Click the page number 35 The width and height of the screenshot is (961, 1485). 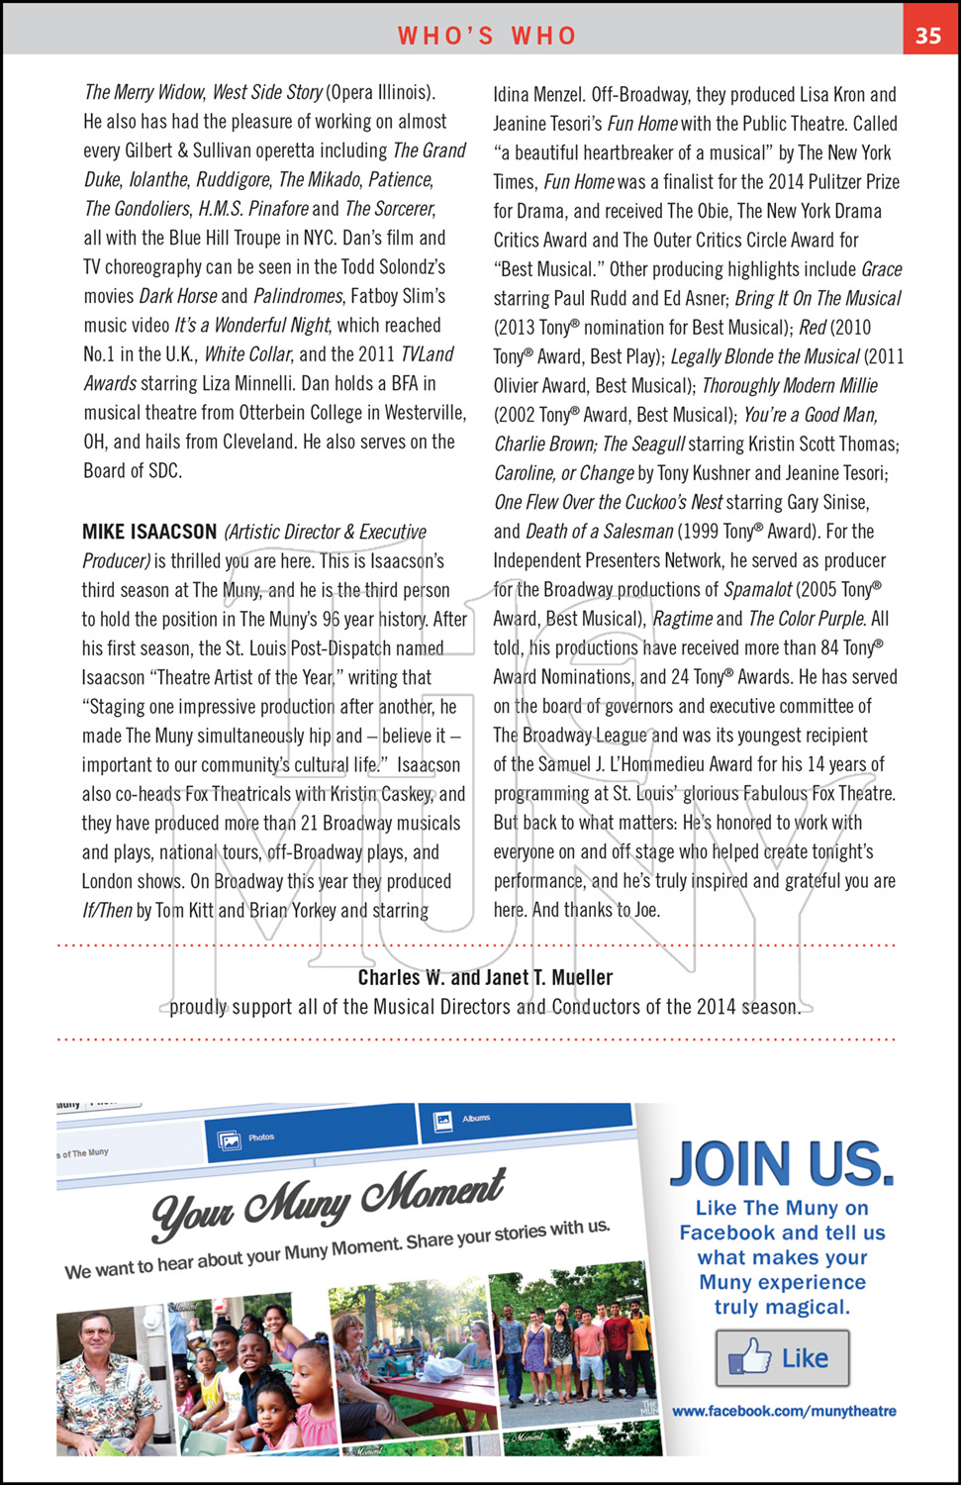point(927,35)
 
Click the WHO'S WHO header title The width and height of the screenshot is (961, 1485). point(487,36)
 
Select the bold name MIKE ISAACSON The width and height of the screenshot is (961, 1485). point(149,532)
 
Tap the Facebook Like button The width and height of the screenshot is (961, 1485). point(782,1358)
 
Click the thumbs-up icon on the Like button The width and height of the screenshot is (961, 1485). point(750,1357)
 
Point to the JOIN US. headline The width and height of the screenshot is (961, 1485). point(782,1163)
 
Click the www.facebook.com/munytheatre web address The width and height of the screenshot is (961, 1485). point(784,1411)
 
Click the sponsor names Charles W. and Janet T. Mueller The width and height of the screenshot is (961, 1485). point(485,977)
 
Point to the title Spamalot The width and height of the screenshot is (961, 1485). point(757,590)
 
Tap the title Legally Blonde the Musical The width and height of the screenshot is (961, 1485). point(765,356)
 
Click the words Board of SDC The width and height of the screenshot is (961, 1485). point(133,471)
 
